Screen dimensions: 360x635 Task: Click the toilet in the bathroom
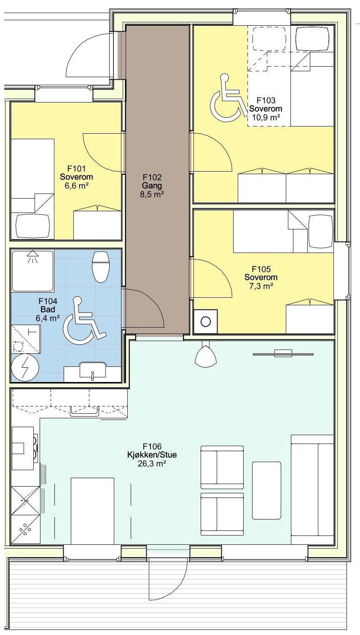point(101,266)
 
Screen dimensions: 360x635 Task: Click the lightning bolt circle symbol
point(25,369)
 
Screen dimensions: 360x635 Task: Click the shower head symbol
point(33,256)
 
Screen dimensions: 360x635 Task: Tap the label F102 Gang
point(152,182)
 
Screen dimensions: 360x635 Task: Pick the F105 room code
point(261,269)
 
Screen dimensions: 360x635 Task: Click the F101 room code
point(76,169)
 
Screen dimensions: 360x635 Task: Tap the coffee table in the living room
point(266,490)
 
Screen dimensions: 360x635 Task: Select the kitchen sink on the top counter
point(85,411)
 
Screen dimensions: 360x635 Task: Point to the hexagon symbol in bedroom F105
point(205,321)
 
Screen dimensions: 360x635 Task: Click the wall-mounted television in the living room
point(283,353)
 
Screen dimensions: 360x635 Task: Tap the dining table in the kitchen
point(92,511)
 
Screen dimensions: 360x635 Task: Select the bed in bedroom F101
point(32,189)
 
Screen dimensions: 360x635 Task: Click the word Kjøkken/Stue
point(152,455)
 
